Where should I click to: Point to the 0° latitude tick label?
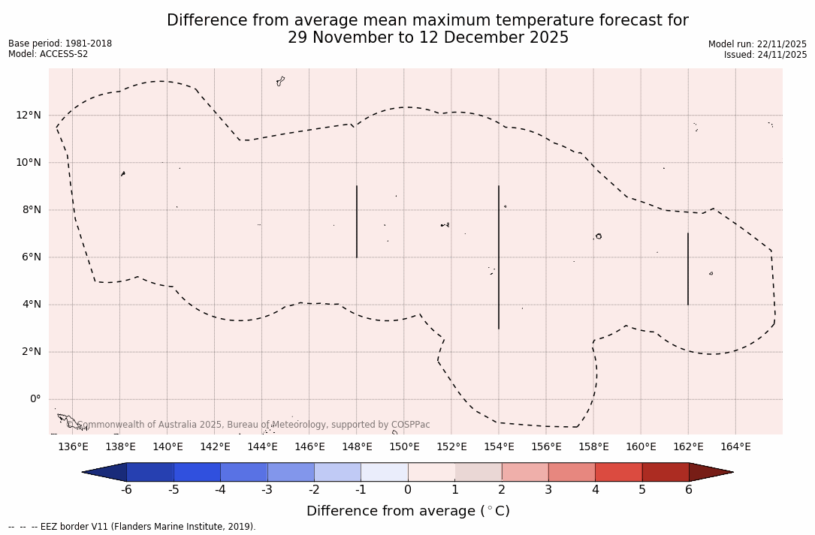pyautogui.click(x=35, y=399)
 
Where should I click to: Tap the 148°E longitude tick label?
pyautogui.click(x=357, y=446)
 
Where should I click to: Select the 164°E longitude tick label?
pyautogui.click(x=735, y=446)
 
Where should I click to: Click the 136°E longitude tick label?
pyautogui.click(x=73, y=446)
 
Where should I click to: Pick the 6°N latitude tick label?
pyautogui.click(x=32, y=257)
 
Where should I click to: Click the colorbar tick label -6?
pyautogui.click(x=126, y=490)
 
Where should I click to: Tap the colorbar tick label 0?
pyautogui.click(x=408, y=490)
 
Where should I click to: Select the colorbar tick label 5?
pyautogui.click(x=642, y=490)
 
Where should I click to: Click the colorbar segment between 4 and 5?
pyautogui.click(x=618, y=472)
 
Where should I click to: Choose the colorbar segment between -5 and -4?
pyautogui.click(x=197, y=472)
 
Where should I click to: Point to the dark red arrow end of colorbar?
pyautogui.click(x=709, y=472)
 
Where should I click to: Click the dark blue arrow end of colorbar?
pyautogui.click(x=106, y=472)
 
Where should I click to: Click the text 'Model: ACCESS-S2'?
pyautogui.click(x=48, y=54)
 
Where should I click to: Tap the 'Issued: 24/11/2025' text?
pyautogui.click(x=765, y=55)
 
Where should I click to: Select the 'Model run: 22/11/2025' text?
pyautogui.click(x=757, y=44)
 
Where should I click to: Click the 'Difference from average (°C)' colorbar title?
pyautogui.click(x=408, y=511)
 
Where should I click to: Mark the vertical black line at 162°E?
pyautogui.click(x=687, y=269)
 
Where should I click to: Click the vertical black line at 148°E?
pyautogui.click(x=357, y=221)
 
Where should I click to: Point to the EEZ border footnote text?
pyautogui.click(x=132, y=527)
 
